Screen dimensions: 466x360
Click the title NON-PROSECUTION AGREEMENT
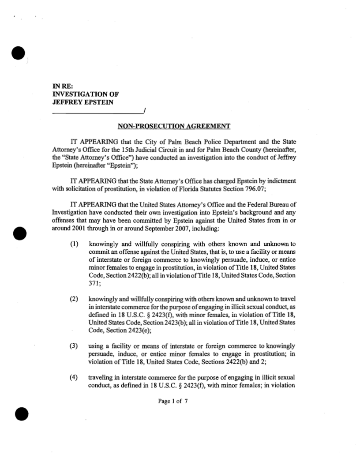pyautogui.click(x=174, y=127)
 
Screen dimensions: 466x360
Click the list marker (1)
pyautogui.click(x=75, y=244)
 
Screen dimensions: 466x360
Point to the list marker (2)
pyautogui.click(x=75, y=300)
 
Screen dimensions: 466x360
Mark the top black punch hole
pyautogui.click(x=19, y=53)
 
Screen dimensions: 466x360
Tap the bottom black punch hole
pyautogui.click(x=21, y=414)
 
